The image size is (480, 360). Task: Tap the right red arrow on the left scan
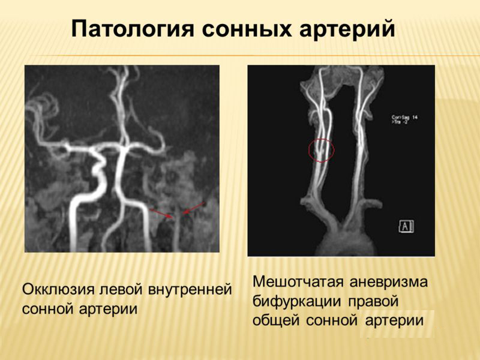[x=193, y=208]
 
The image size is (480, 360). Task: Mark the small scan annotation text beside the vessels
[x=404, y=119]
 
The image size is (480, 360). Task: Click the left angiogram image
[x=122, y=158]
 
